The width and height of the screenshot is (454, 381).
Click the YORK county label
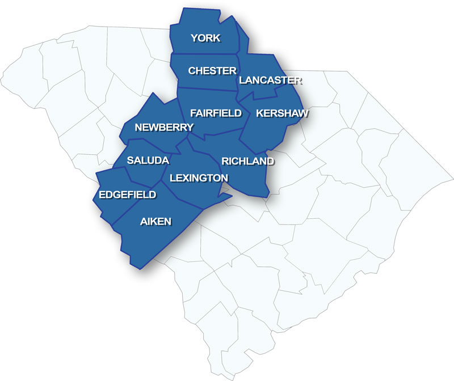pos(205,38)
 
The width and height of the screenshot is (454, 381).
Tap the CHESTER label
pos(212,71)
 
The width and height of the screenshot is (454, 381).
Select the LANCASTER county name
pos(271,81)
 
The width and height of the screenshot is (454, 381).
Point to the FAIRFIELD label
pos(216,113)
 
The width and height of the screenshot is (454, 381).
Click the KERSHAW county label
pos(282,113)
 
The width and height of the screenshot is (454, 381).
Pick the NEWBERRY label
pos(164,128)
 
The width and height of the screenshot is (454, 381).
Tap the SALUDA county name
pos(148,160)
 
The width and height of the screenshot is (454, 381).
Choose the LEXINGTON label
pos(199,178)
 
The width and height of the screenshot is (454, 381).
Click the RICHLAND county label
pos(247,161)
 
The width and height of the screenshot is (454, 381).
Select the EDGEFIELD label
pos(128,195)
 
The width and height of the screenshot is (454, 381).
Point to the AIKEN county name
pos(155,222)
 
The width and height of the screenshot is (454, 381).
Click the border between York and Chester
pos(204,54)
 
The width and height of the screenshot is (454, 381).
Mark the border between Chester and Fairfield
pos(207,88)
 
